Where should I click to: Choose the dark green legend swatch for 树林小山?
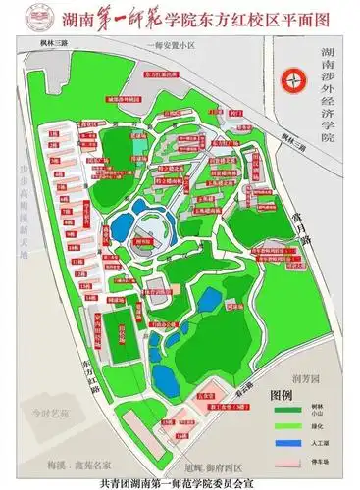tap(281, 410)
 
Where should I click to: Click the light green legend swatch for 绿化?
tap(281, 427)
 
